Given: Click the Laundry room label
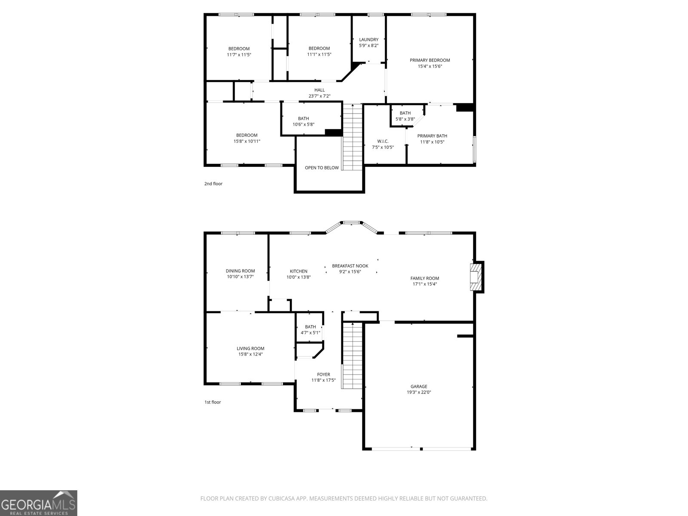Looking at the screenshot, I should (x=369, y=40).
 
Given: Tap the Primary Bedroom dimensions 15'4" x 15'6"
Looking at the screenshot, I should (x=430, y=66).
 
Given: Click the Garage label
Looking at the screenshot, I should (x=418, y=387).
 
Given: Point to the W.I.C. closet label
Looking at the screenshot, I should (x=383, y=141).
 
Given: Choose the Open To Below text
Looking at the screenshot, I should (x=322, y=168).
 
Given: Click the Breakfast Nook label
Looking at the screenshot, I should (x=350, y=266).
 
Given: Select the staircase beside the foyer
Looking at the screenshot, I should (x=353, y=355).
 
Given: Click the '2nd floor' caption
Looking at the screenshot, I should (x=213, y=184).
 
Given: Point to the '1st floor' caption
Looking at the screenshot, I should (x=212, y=402).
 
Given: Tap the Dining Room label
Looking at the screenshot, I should (x=240, y=271).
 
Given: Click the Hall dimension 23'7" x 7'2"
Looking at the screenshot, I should (x=319, y=96).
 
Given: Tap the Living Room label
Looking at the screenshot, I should (x=250, y=348).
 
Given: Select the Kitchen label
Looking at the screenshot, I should (x=298, y=271).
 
